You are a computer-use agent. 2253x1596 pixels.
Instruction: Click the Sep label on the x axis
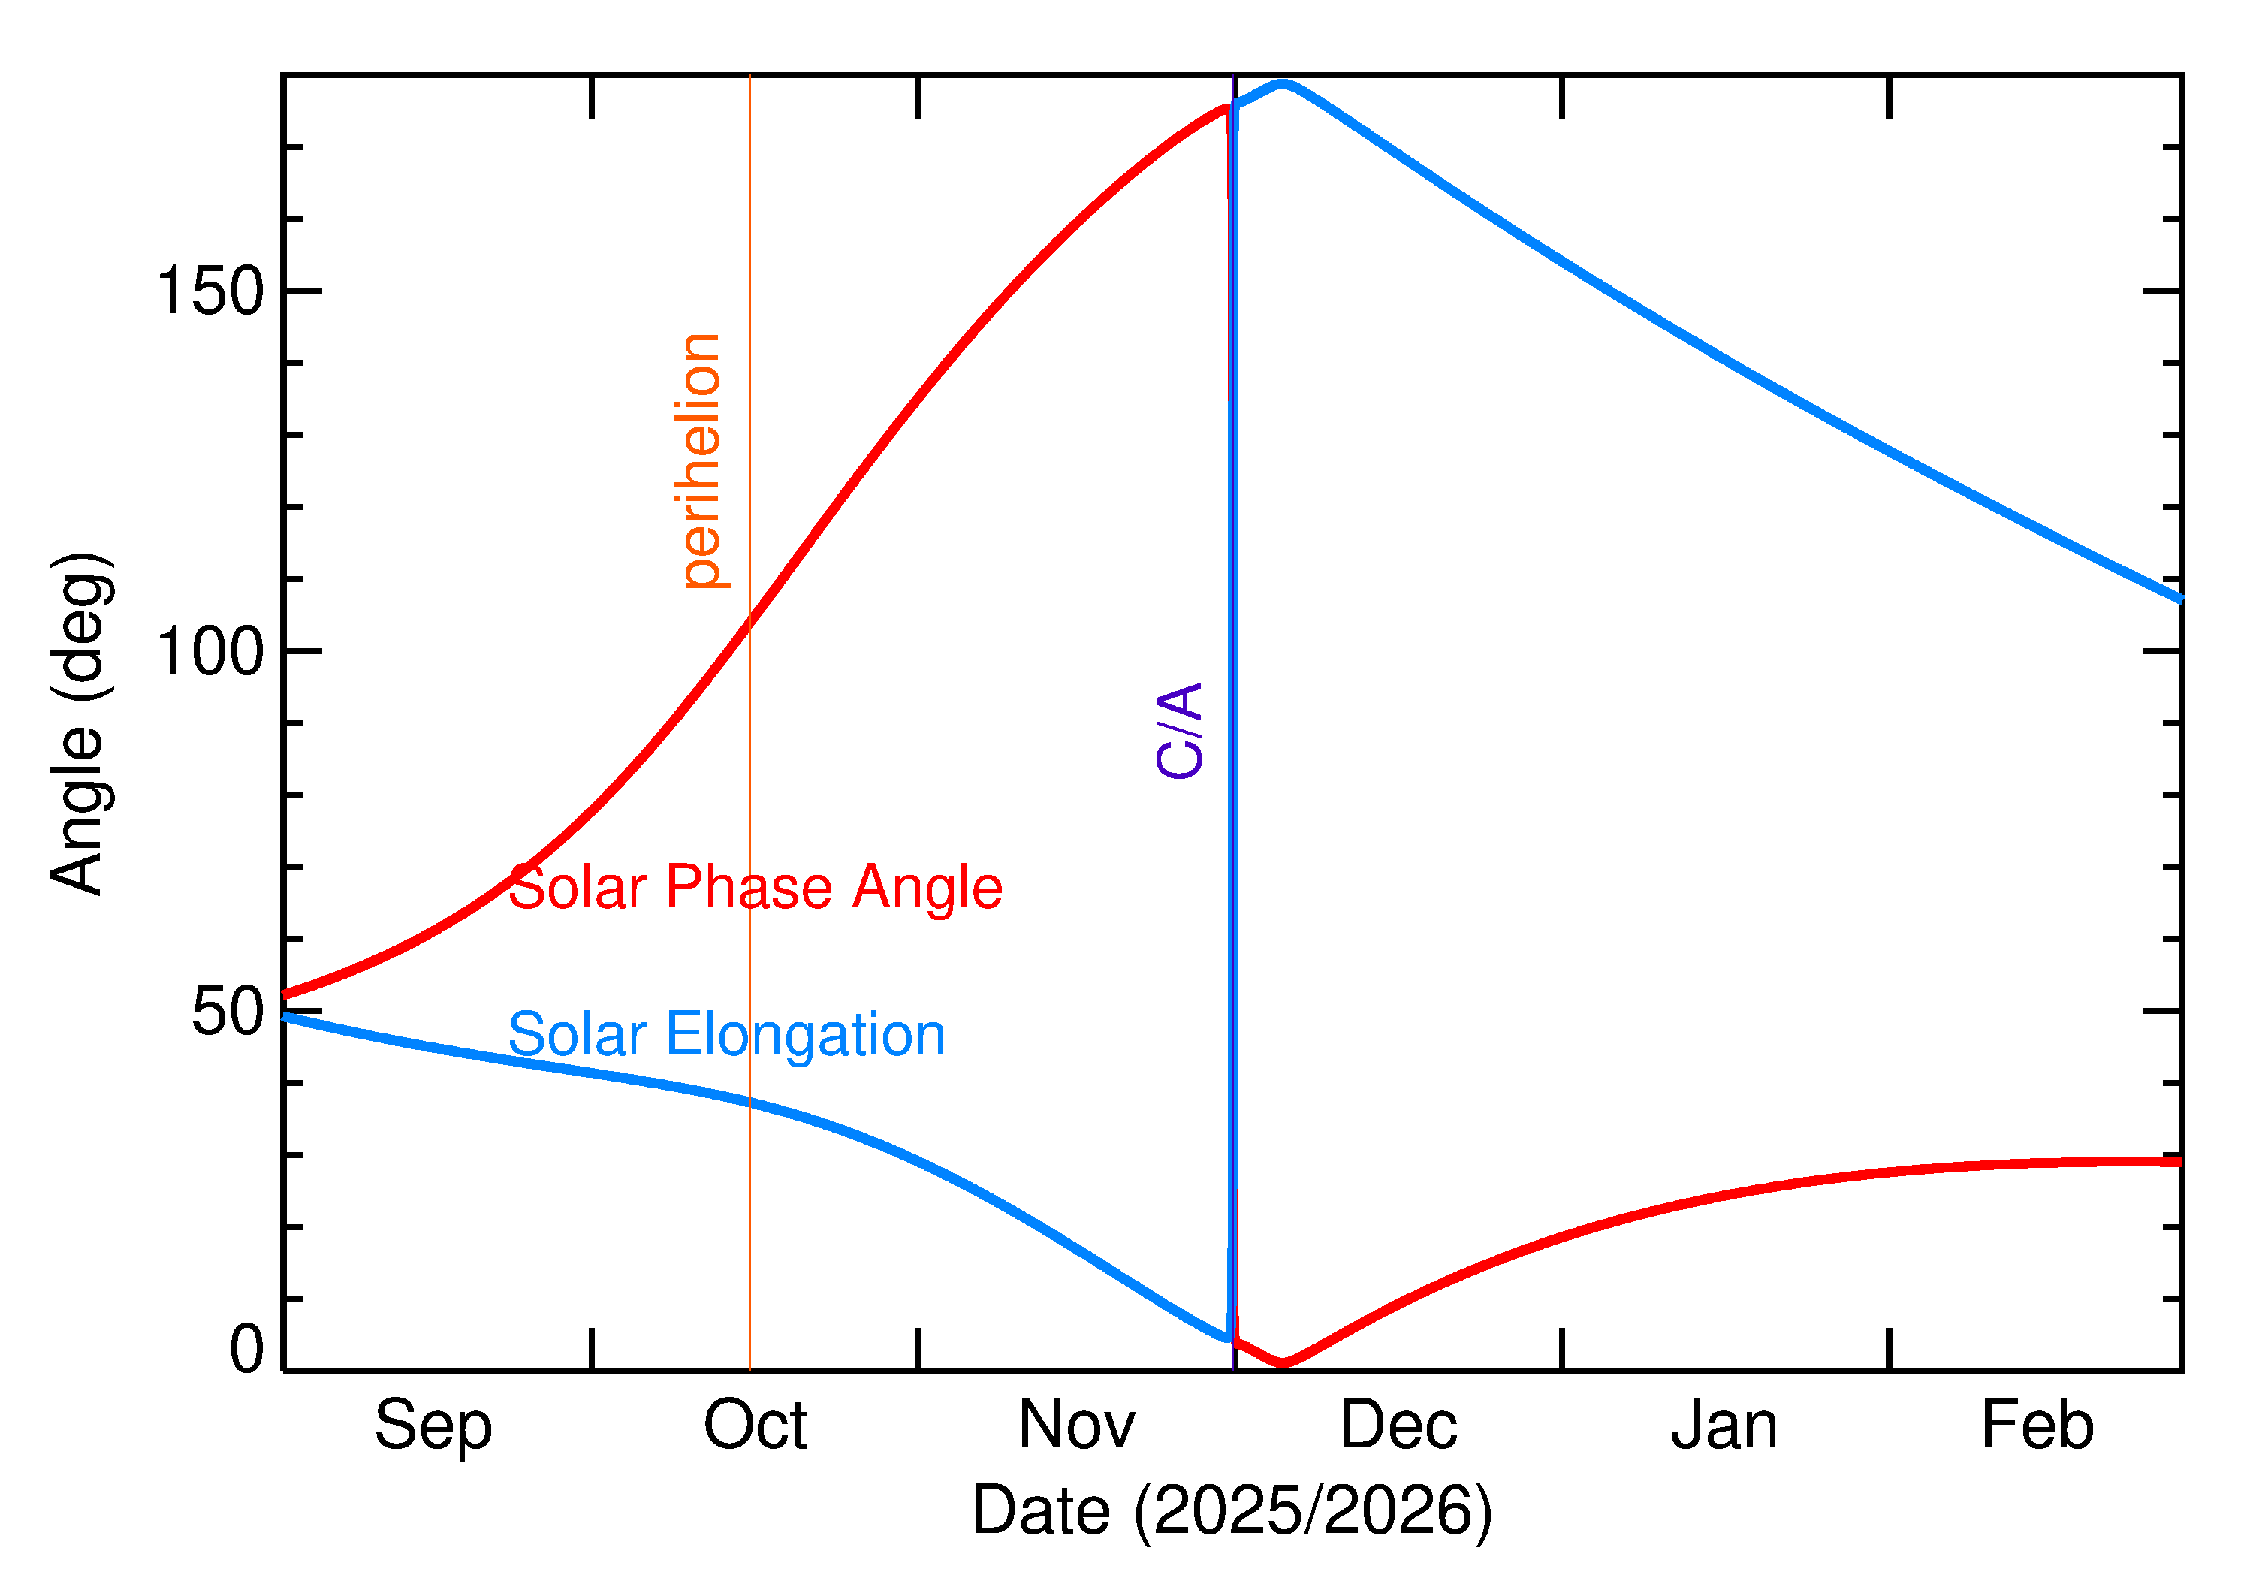(433, 1426)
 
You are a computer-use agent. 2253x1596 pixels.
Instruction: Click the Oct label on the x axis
(755, 1426)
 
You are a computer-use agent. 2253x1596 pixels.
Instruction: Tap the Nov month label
(1077, 1426)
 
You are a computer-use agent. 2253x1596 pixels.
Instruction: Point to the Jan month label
(1724, 1426)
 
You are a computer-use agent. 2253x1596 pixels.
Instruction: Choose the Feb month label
(2037, 1426)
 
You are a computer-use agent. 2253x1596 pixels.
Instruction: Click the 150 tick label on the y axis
(210, 292)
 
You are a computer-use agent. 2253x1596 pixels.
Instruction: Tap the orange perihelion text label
(701, 461)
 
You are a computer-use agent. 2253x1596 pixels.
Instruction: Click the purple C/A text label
(1179, 730)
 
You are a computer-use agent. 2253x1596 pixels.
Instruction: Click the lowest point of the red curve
(1282, 1362)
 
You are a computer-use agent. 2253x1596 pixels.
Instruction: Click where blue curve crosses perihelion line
(749, 1102)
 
